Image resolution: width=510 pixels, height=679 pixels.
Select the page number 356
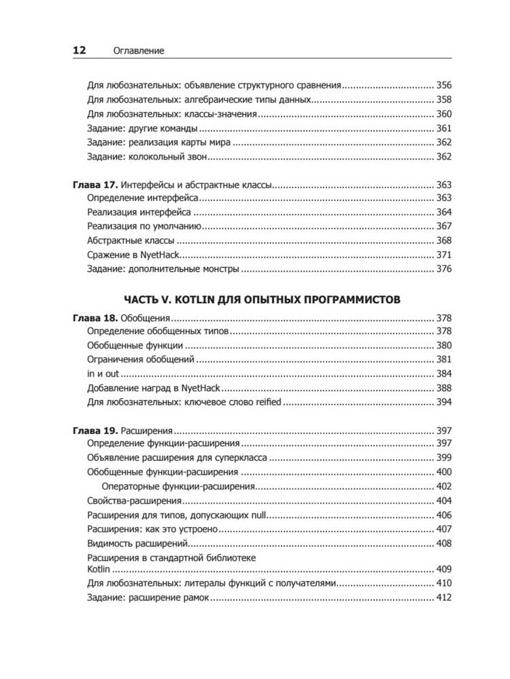pos(443,86)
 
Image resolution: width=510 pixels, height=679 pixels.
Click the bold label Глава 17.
pos(95,184)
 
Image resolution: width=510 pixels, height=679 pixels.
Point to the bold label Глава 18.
pos(95,317)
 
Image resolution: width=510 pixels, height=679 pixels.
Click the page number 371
pos(443,255)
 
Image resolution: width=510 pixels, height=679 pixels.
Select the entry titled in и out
pos(104,374)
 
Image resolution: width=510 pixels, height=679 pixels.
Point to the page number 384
pos(443,374)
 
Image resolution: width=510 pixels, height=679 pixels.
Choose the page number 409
pos(443,569)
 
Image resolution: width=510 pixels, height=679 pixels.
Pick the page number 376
pos(443,269)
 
